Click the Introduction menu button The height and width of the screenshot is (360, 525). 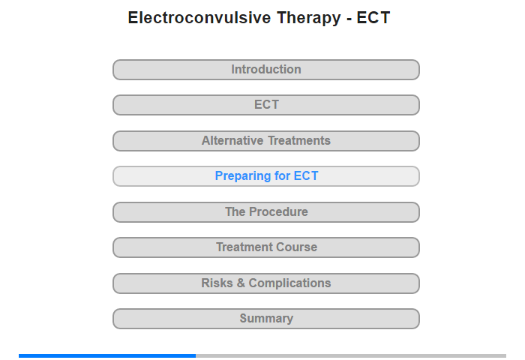click(x=266, y=70)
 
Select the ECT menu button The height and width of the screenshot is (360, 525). click(x=266, y=105)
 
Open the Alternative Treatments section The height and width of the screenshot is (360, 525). click(x=266, y=141)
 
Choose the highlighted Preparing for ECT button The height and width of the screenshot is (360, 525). click(x=266, y=176)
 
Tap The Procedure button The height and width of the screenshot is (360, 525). click(x=266, y=212)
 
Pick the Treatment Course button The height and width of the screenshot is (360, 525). click(x=266, y=247)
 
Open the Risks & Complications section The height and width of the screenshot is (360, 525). click(x=266, y=283)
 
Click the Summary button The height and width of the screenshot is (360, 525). click(x=266, y=319)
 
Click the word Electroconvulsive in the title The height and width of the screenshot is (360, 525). click(x=199, y=17)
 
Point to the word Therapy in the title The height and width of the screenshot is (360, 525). click(x=309, y=19)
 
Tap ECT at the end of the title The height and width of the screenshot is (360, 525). click(x=373, y=17)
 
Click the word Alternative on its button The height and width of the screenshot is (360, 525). click(x=232, y=141)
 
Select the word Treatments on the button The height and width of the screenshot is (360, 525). click(x=299, y=141)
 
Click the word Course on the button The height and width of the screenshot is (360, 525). click(x=297, y=247)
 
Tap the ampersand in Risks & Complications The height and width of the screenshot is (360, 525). click(x=241, y=283)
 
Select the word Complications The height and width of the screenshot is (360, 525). click(x=289, y=283)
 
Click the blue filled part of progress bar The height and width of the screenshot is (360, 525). click(x=107, y=355)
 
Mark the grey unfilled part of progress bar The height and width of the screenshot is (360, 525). click(x=351, y=355)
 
